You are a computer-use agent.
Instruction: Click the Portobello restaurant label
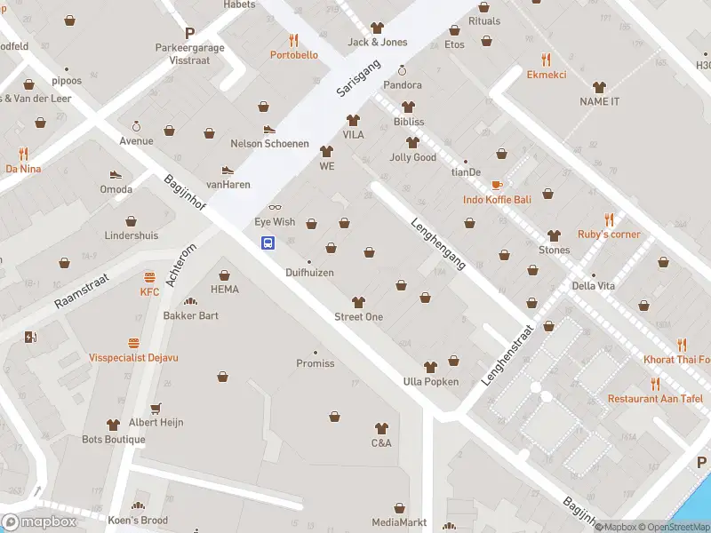[x=293, y=55]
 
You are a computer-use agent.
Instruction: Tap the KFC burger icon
[x=149, y=276]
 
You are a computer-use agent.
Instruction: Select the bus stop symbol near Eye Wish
[x=267, y=243]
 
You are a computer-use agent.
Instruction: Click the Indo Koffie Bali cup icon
[x=497, y=185]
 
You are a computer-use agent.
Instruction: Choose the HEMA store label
[x=225, y=290]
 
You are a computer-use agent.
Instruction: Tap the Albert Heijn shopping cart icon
[x=156, y=408]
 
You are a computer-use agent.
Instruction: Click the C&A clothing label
[x=381, y=443]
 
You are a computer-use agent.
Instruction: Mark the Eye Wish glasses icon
[x=275, y=208]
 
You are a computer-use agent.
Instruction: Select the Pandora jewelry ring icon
[x=402, y=70]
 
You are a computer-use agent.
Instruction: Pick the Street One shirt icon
[x=358, y=302]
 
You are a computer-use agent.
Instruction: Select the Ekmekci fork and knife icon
[x=547, y=60]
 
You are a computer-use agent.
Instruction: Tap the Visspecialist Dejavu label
[x=133, y=358]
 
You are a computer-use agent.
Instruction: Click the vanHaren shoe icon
[x=228, y=170]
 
